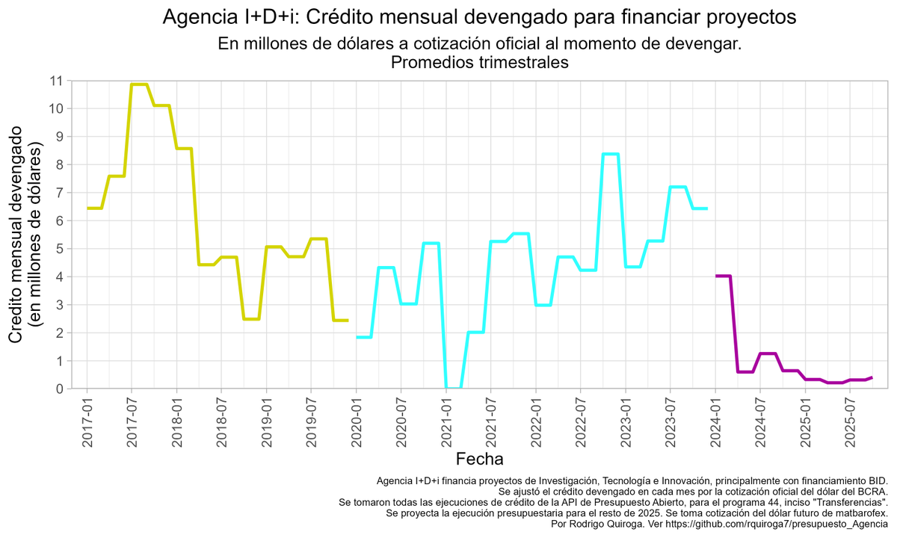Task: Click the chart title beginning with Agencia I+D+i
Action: (x=479, y=17)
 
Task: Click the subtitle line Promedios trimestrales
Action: (x=479, y=63)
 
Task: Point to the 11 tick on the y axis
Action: (x=56, y=81)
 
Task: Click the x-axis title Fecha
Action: (x=479, y=458)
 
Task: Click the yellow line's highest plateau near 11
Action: (x=139, y=84)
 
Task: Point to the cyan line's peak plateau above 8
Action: (x=611, y=154)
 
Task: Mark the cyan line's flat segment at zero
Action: (x=454, y=388)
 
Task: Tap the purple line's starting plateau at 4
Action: (x=723, y=276)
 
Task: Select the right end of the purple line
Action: (x=872, y=377)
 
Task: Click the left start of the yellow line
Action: (x=88, y=208)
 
